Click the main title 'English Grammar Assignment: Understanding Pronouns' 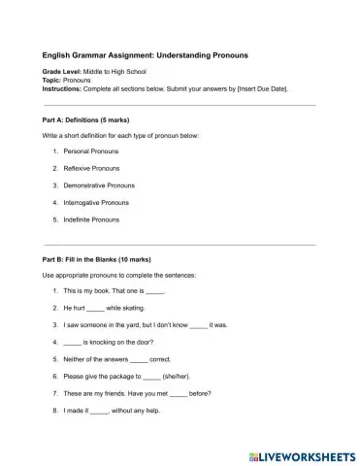146,56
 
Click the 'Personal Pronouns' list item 90,152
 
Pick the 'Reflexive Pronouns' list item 91,169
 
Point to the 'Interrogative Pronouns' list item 97,203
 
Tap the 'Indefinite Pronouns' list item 91,219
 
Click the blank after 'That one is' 155,291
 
